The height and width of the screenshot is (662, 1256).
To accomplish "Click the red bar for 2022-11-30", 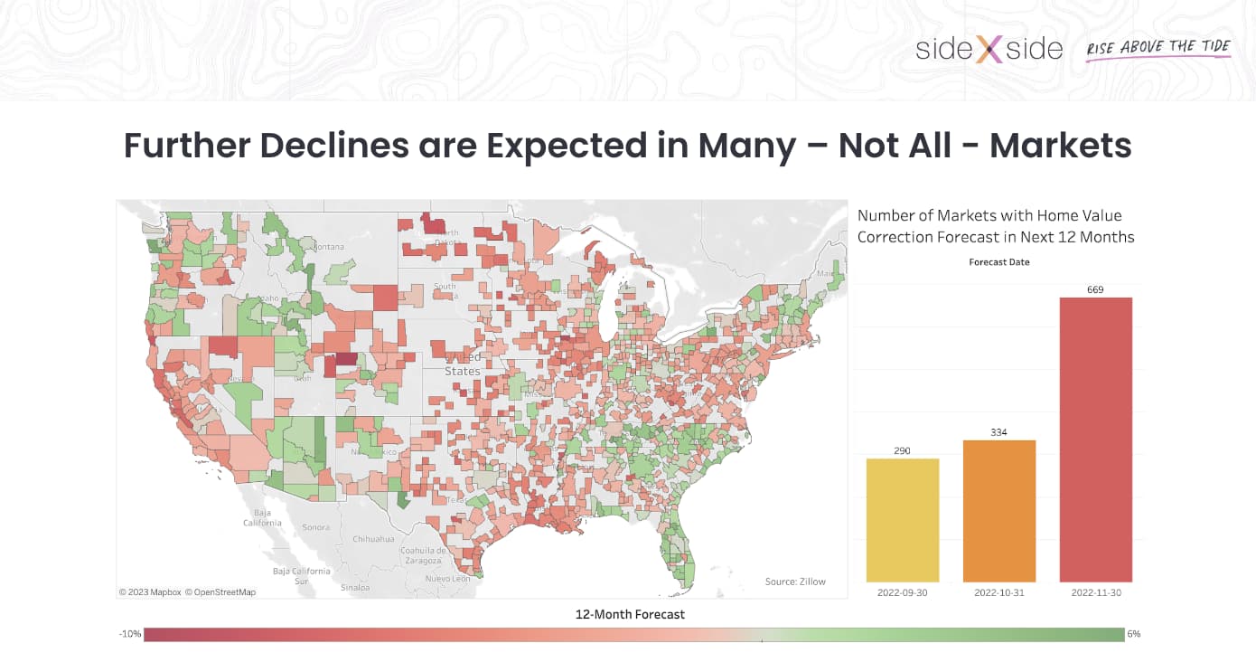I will [x=1095, y=440].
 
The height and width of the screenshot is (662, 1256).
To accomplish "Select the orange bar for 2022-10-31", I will [x=998, y=511].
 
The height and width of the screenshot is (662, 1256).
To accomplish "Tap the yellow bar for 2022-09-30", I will [x=902, y=520].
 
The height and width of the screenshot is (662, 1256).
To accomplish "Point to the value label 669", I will [x=1095, y=289].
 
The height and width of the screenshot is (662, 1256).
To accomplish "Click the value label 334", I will [x=998, y=432].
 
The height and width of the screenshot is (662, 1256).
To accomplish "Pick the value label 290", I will [x=902, y=450].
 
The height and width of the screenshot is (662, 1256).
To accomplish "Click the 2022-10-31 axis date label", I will [x=998, y=592].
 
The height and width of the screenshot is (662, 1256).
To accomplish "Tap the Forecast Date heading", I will [x=998, y=262].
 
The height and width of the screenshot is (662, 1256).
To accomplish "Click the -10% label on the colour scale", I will [x=130, y=634].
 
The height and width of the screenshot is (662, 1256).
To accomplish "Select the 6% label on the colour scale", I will [x=1133, y=634].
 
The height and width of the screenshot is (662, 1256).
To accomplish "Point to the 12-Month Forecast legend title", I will [x=630, y=614].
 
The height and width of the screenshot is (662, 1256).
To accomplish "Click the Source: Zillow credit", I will [x=795, y=582].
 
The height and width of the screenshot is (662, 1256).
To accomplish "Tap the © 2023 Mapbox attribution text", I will [x=150, y=592].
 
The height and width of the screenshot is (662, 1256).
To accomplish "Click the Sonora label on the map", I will [x=315, y=526].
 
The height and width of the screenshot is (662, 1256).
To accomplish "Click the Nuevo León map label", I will [x=449, y=578].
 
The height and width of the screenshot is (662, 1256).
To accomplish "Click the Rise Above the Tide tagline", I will [x=1158, y=47].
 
